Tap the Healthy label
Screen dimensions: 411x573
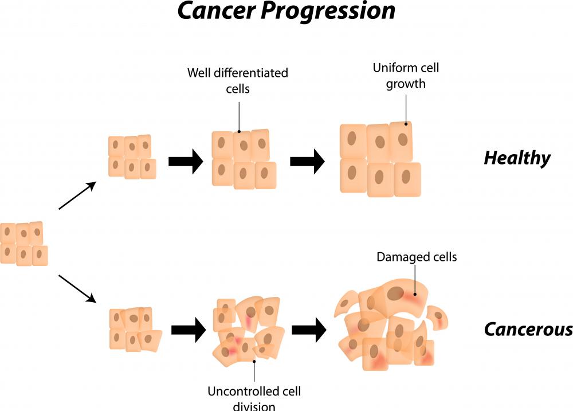click(517, 158)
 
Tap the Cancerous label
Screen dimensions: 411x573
click(528, 330)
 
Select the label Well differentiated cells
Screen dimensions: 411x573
click(237, 81)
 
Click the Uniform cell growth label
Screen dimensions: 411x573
click(406, 76)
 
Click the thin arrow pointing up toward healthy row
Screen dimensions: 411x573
click(77, 196)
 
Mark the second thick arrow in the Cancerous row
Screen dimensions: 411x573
click(309, 330)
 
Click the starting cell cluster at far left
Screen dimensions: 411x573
click(23, 244)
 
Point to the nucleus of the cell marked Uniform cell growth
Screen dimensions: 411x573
click(403, 139)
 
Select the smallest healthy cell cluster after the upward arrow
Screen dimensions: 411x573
click(132, 157)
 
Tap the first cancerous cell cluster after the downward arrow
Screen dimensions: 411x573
click(134, 329)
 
